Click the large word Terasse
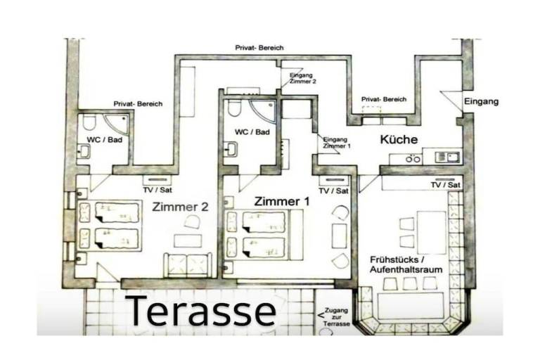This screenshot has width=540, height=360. coord(201,311)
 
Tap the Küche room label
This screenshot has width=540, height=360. coord(399,139)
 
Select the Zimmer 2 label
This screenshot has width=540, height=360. coord(180,207)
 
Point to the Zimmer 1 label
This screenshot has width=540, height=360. coord(282,201)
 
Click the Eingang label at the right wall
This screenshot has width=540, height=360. coord(481,102)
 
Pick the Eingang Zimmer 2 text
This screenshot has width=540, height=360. coord(302,78)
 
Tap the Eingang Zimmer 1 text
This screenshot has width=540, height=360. coord(337,143)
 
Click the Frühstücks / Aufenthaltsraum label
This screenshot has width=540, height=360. coord(406,264)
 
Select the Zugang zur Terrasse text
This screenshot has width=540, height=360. coord(337,317)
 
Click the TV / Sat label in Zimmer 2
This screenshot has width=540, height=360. coord(157,190)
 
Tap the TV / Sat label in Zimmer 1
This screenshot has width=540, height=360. coord(333,191)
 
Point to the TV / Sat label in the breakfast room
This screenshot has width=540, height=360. coord(446,185)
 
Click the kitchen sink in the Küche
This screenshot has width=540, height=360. coord(448,157)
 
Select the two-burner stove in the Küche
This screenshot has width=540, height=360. coord(413,159)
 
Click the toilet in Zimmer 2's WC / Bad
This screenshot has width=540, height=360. coord(89,122)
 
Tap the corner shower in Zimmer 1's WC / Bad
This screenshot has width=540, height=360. coord(264,111)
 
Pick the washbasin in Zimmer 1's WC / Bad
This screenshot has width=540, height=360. coord(231,149)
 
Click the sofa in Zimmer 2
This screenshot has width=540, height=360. coord(188,265)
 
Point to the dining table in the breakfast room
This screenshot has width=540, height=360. coord(432,233)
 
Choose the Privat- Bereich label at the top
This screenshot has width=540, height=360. coord(259,48)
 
